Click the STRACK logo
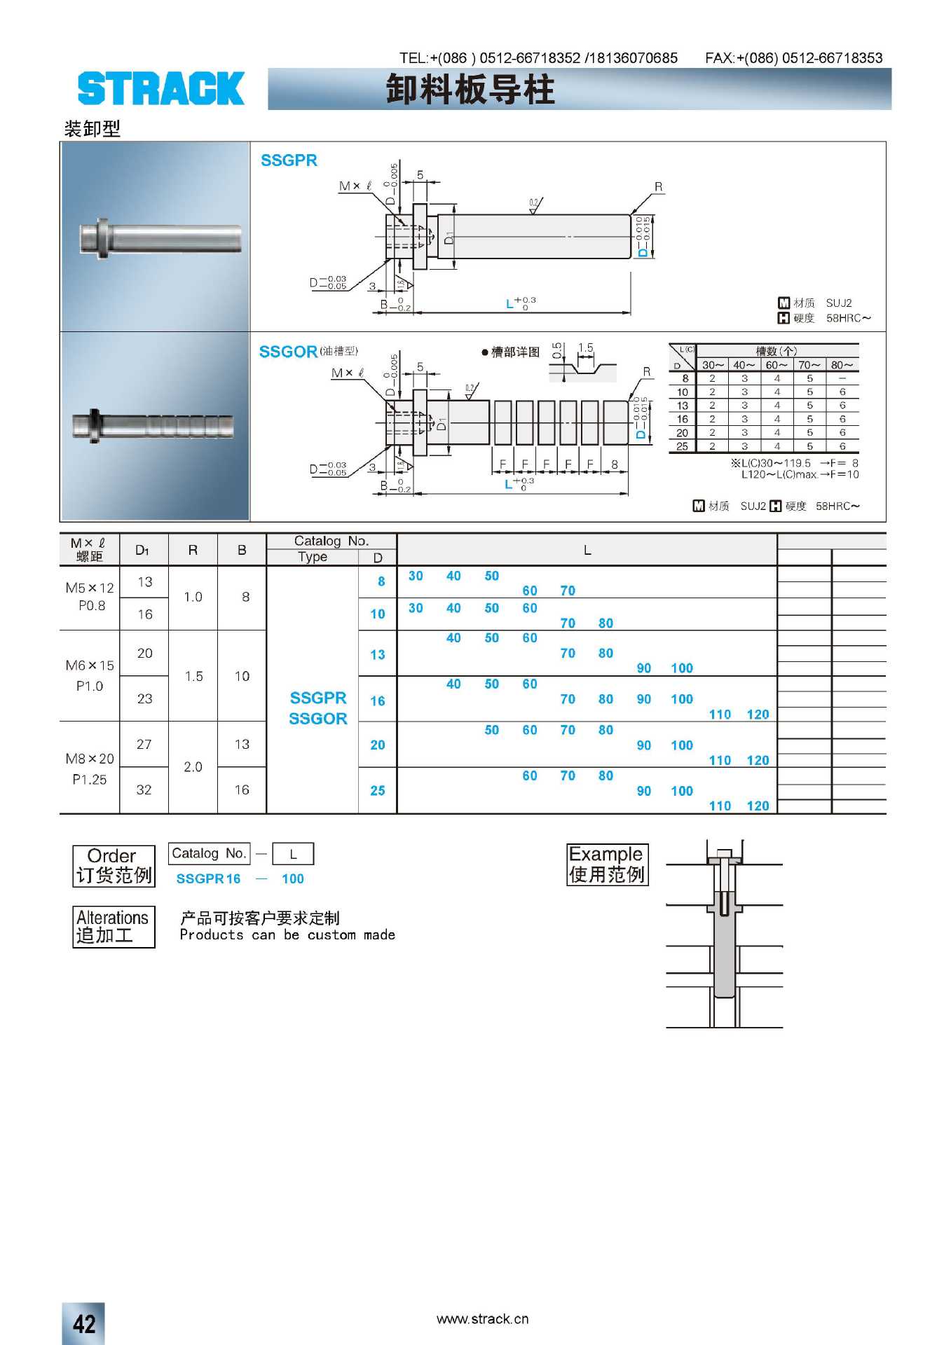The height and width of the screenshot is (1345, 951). [x=160, y=88]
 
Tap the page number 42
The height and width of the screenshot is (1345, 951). [x=83, y=1323]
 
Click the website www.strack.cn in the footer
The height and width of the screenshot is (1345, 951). [x=482, y=1319]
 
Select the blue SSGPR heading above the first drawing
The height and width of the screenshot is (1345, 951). [x=289, y=160]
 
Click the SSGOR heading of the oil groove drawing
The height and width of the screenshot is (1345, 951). [x=288, y=352]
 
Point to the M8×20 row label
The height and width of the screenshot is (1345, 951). [x=90, y=759]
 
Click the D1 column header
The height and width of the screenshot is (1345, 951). [x=143, y=550]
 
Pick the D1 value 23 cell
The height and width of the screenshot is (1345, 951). [x=144, y=698]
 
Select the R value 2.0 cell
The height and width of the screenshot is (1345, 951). [x=193, y=766]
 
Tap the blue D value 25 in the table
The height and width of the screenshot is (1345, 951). [x=378, y=790]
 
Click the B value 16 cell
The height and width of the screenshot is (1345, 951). [x=242, y=789]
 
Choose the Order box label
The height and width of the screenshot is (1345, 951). [x=114, y=866]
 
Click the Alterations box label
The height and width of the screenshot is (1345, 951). [x=114, y=926]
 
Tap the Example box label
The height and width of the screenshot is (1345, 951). [x=607, y=864]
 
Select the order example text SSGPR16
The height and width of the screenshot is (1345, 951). [x=208, y=878]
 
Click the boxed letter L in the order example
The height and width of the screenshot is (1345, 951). [x=293, y=854]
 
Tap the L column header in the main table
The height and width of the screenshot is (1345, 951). [x=587, y=550]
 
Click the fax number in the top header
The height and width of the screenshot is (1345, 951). [x=793, y=58]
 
